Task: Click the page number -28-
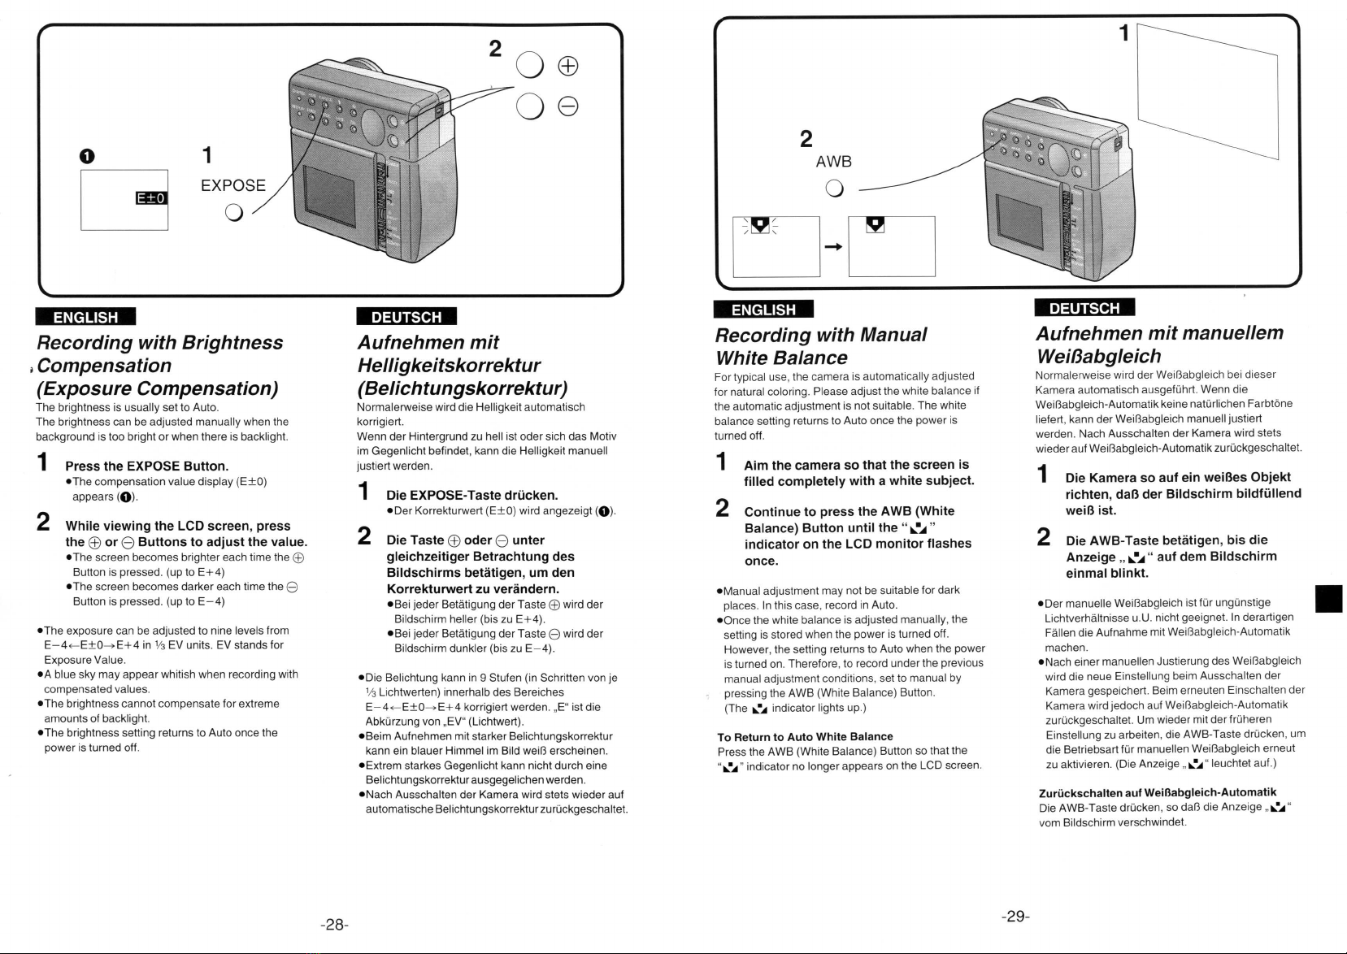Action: (334, 925)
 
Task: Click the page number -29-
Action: (1015, 917)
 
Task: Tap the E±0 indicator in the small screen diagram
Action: (151, 198)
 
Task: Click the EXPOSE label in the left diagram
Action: (233, 185)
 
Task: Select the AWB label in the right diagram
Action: (833, 162)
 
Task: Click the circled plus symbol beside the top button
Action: (568, 66)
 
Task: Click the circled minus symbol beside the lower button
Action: (568, 106)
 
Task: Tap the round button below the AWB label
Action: (834, 189)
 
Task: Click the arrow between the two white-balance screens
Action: (833, 246)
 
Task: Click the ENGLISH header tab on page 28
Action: (86, 317)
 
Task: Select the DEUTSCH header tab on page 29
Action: (1084, 308)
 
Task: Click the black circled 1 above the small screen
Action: (87, 156)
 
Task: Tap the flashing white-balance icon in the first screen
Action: (761, 225)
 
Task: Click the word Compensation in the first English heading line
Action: (105, 366)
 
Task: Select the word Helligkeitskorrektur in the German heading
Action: (450, 366)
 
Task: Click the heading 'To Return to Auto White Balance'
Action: (806, 737)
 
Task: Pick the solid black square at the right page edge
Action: (1328, 599)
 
